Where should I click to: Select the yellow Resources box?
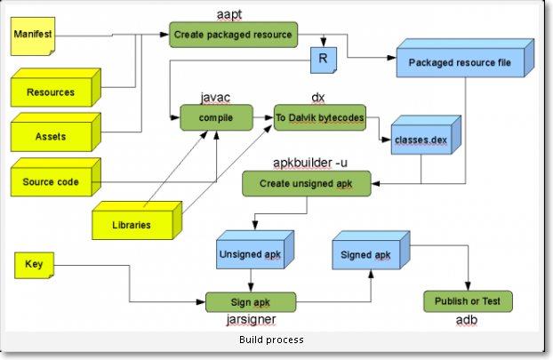click(51, 92)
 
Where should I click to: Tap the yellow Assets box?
click(51, 136)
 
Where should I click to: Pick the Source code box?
click(51, 182)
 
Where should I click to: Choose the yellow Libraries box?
click(132, 224)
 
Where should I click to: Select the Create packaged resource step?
click(232, 35)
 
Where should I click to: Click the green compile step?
click(215, 116)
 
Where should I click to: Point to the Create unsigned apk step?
click(308, 183)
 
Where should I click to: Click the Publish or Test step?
click(468, 302)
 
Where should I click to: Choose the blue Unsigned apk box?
click(252, 253)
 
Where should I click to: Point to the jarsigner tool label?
click(251, 319)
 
